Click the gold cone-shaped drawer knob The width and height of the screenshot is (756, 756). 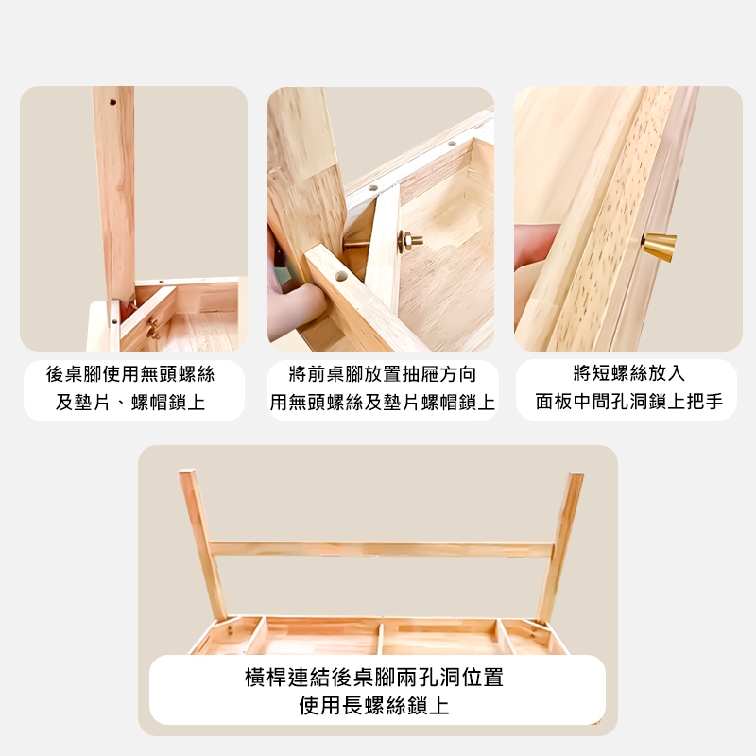tap(660, 248)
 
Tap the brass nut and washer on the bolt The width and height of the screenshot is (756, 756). tap(407, 240)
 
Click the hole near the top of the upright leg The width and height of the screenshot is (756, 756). tap(112, 102)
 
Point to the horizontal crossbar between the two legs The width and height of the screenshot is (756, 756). tap(382, 550)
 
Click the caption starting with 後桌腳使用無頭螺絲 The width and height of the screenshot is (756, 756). tap(130, 374)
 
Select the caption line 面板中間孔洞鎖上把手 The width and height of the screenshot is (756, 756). tap(628, 401)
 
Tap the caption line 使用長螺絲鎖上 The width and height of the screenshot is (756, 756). tap(374, 705)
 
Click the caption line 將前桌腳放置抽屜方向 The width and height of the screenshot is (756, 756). tap(383, 374)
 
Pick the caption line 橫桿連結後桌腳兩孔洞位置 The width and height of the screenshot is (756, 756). tap(374, 678)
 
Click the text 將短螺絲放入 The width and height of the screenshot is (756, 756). tap(628, 373)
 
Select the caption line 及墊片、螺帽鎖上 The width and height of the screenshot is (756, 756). tap(130, 403)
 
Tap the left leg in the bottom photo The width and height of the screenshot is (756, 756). tap(202, 544)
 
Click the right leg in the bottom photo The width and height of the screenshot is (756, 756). tap(560, 547)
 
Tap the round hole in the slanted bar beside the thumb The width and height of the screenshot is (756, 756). tap(340, 277)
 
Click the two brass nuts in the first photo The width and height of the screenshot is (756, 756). tap(153, 327)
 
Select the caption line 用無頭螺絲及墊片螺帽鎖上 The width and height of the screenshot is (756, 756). tap(383, 403)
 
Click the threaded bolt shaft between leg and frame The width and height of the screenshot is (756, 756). tap(355, 244)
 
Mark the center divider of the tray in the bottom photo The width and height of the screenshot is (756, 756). tap(381, 639)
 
